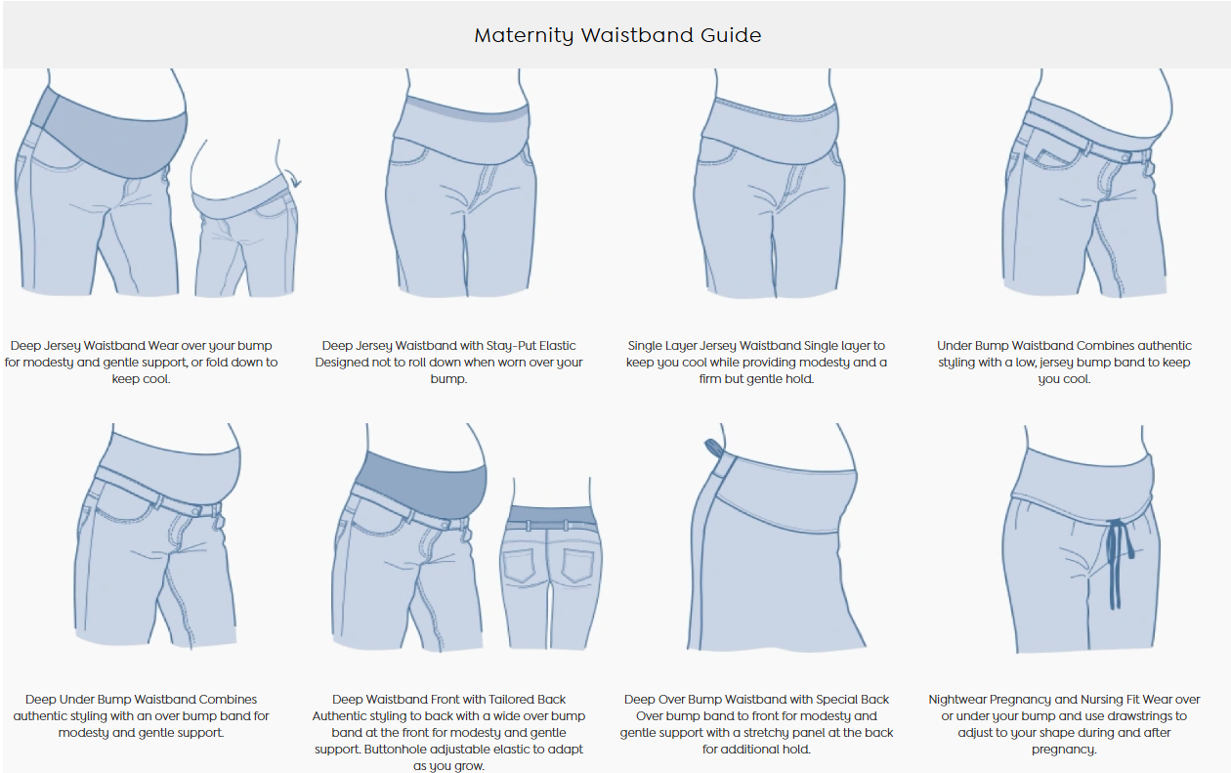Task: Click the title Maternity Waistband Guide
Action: (x=617, y=35)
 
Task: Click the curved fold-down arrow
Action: (x=295, y=178)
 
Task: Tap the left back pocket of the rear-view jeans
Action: (x=520, y=566)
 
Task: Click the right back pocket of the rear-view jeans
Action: (x=576, y=566)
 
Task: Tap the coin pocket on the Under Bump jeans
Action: (x=1052, y=156)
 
